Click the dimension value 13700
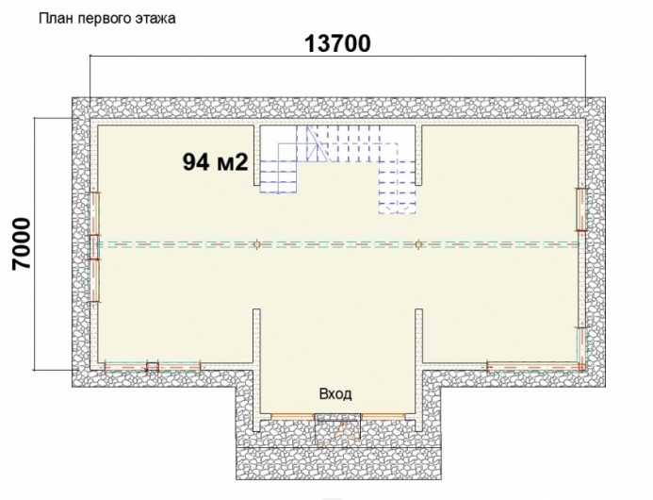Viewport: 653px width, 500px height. [x=337, y=43]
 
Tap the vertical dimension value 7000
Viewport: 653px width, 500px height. [x=22, y=244]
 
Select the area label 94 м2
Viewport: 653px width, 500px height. [x=215, y=162]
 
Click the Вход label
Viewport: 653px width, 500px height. [x=335, y=393]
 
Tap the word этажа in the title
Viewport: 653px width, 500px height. [x=160, y=19]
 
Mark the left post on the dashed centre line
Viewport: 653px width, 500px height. [x=257, y=244]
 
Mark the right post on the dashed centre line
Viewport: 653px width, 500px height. [x=418, y=244]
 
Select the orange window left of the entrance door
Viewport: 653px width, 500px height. [x=292, y=416]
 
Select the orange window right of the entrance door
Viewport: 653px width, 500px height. [x=384, y=416]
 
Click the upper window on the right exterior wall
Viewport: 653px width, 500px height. [x=580, y=208]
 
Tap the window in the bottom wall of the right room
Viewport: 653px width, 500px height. [x=534, y=367]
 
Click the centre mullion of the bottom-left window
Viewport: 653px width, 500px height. [x=153, y=367]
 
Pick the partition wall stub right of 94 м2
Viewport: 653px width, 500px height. [x=257, y=155]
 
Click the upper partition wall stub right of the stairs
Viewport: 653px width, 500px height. [x=418, y=155]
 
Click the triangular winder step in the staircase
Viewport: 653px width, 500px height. [x=318, y=146]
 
